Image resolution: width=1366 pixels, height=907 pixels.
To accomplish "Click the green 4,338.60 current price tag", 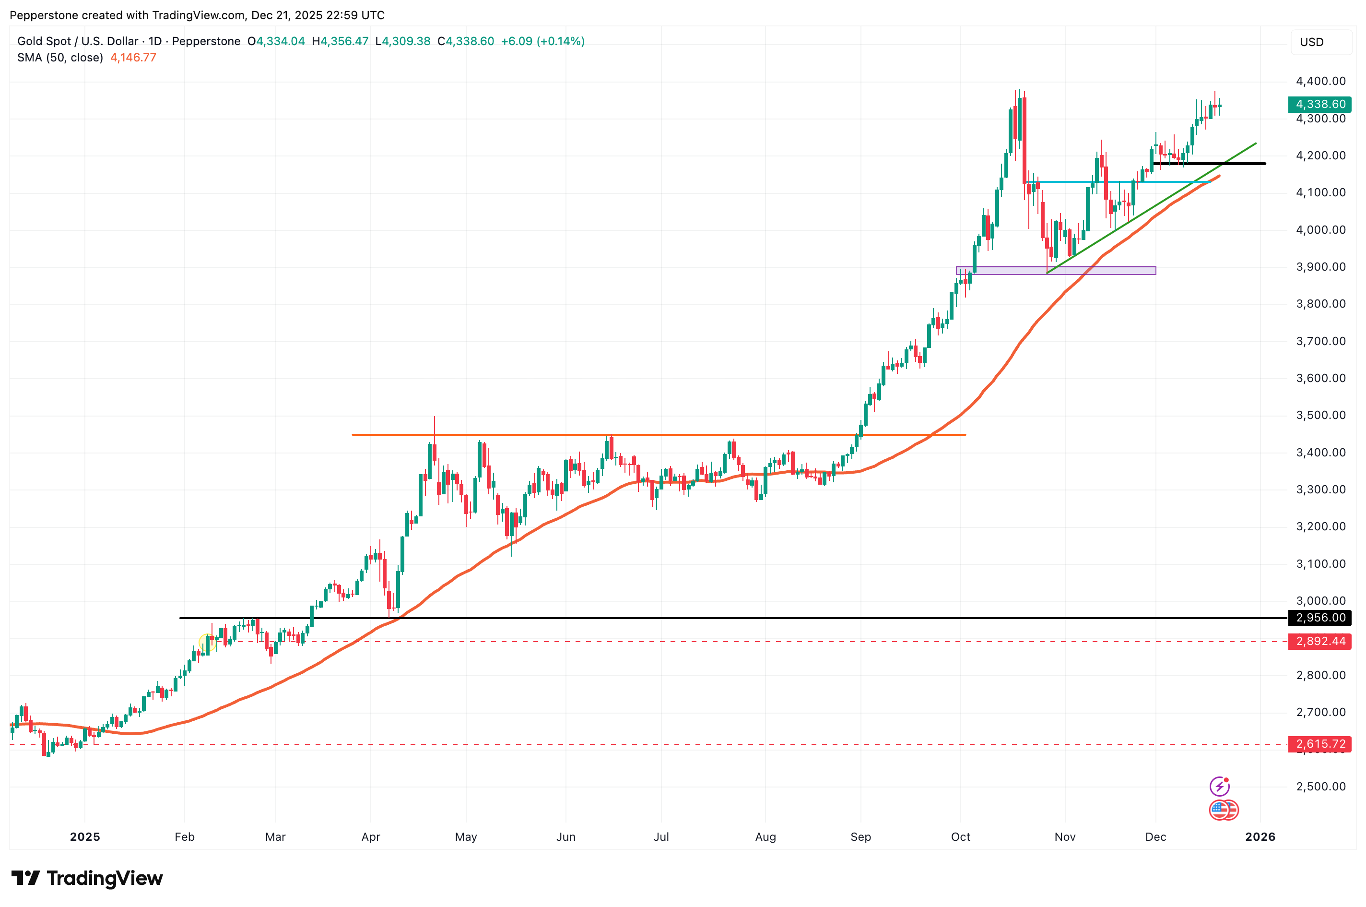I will click(1320, 104).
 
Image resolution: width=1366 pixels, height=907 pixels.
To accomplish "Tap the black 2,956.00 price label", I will click(1320, 618).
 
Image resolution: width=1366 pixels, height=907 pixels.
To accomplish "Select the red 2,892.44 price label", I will click(1320, 641).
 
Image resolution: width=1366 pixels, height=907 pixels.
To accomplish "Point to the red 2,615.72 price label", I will click(1320, 744).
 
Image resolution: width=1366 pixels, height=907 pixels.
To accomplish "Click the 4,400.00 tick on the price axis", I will click(1320, 81).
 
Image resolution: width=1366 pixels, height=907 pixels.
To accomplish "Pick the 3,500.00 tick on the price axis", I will click(1320, 415).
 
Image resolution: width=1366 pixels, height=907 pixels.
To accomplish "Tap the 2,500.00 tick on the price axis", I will click(1320, 787).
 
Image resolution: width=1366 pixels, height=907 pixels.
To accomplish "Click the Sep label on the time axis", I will click(860, 837).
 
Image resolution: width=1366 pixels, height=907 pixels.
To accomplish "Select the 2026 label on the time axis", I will click(1260, 837).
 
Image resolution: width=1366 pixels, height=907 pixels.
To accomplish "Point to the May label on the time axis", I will click(466, 837).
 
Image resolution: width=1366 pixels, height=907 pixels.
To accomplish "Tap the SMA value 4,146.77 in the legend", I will click(133, 57).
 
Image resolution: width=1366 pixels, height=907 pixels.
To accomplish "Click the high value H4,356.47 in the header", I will click(340, 41).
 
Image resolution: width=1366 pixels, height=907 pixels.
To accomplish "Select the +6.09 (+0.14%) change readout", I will click(542, 41).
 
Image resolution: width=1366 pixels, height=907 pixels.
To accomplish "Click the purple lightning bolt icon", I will click(1219, 786).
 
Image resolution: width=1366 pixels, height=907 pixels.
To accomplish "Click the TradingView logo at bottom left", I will click(87, 878).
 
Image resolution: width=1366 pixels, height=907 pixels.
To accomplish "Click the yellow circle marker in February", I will click(206, 642).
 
